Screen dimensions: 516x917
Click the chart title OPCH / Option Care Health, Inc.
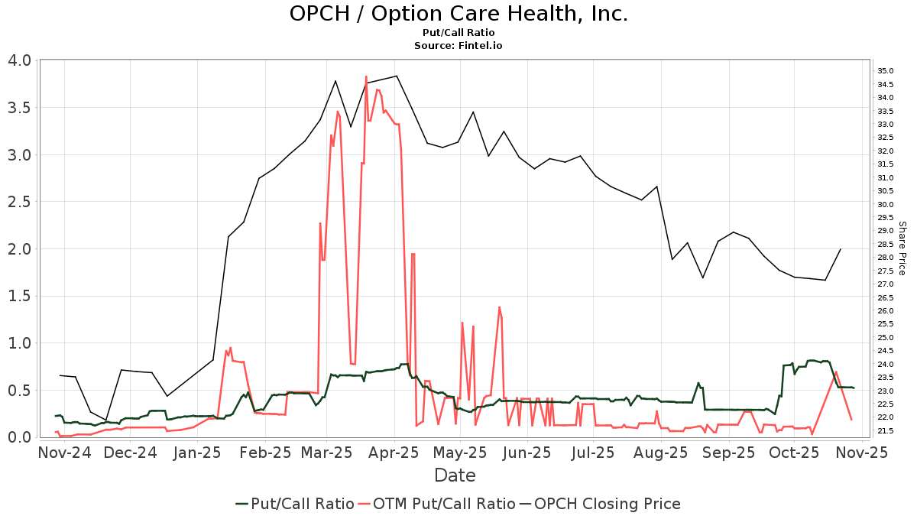458,14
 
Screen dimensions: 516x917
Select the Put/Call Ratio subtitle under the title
458,33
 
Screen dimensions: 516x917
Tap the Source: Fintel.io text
458,46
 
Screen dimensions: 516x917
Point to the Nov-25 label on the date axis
862,453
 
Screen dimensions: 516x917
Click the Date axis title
455,475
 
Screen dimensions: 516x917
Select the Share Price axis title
902,248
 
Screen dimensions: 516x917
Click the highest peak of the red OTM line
366,76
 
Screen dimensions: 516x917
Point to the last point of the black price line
841,249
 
